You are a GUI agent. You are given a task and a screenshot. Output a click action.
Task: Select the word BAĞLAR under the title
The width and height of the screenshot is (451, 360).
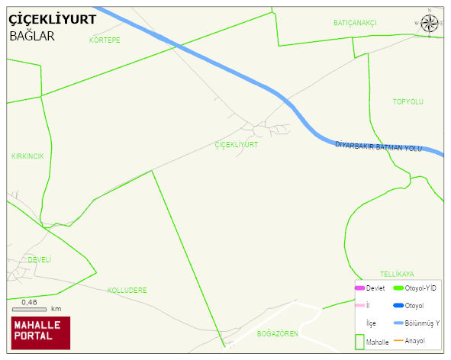(32, 36)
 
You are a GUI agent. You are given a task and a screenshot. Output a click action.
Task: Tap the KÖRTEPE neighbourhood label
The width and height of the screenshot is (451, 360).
(105, 40)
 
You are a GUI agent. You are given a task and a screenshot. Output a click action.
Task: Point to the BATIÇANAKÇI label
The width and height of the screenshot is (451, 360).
(355, 23)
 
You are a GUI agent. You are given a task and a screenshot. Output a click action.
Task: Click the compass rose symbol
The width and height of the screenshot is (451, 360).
(430, 23)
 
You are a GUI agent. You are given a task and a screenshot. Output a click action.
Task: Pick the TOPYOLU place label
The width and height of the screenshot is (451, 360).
(408, 101)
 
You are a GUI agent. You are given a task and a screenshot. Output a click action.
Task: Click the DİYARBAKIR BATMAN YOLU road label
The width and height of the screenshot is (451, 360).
(379, 146)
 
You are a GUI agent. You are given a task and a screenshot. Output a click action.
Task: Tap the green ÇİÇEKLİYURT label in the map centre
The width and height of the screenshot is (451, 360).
(237, 144)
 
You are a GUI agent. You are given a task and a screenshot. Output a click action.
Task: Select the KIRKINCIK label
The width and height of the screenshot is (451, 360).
(27, 156)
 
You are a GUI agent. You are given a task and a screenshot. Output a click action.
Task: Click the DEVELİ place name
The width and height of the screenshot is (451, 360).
(39, 259)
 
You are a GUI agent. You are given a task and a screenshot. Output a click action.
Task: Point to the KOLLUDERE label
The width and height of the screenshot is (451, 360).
(127, 290)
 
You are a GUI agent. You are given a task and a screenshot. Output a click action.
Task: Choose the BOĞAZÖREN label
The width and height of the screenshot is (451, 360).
(276, 333)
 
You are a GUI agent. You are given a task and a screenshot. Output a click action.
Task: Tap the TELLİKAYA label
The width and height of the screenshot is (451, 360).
(397, 273)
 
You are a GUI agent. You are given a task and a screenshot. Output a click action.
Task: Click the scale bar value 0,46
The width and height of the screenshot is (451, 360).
(30, 303)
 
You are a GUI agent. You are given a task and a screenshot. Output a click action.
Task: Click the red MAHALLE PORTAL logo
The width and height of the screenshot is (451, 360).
(40, 331)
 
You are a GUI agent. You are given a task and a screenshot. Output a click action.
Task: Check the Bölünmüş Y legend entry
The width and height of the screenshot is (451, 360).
(422, 323)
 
